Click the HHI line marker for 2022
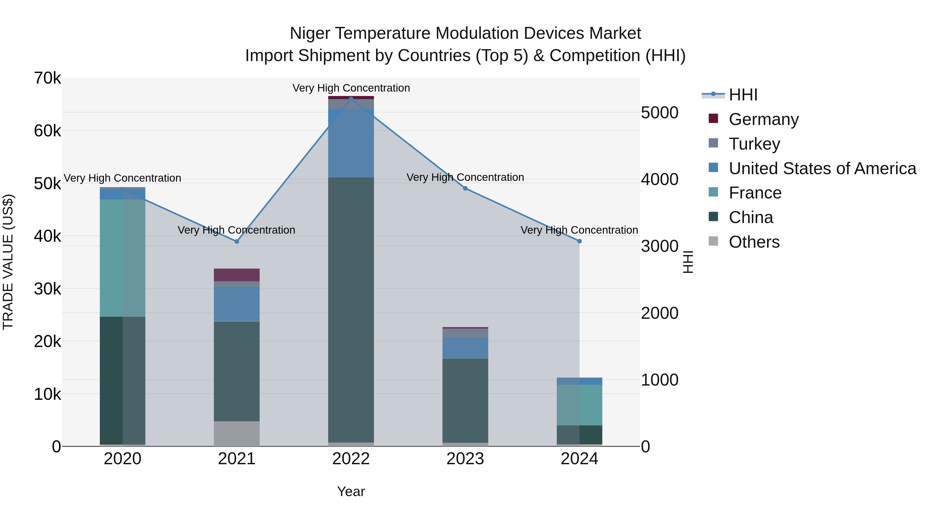click(351, 99)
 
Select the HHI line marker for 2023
click(465, 188)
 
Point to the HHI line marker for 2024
click(579, 241)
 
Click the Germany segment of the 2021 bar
click(237, 275)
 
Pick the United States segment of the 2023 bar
click(465, 348)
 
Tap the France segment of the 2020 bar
click(123, 258)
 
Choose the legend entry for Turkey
click(754, 144)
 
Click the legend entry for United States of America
click(822, 168)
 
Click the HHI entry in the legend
click(743, 95)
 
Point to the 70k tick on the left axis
click(47, 78)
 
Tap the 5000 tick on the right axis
click(659, 113)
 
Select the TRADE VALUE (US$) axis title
click(8, 262)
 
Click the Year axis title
click(351, 491)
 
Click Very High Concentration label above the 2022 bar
click(351, 88)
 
